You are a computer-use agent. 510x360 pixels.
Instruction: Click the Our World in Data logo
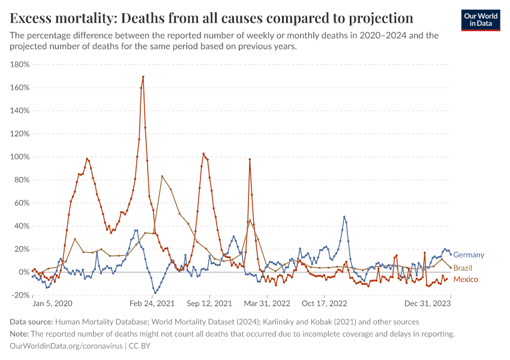(481, 20)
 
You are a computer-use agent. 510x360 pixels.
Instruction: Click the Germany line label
(469, 255)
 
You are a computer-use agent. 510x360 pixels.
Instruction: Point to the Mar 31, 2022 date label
(268, 304)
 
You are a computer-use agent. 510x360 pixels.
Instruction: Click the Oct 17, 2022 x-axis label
(325, 304)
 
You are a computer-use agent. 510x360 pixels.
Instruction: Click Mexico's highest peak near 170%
(143, 77)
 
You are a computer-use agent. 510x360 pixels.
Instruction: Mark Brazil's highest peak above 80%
(162, 176)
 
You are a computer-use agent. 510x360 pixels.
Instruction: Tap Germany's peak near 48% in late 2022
(344, 217)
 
